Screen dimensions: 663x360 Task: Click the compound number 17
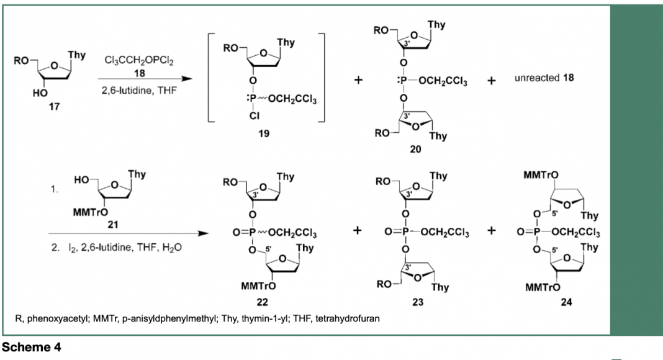[x=54, y=107]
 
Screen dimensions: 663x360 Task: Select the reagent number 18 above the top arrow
[x=140, y=73]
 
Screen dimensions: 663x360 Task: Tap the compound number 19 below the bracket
[x=264, y=133]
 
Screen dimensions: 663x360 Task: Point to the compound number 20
[x=416, y=149]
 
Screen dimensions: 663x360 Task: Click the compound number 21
[x=112, y=224]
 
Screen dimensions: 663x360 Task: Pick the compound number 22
[x=262, y=302]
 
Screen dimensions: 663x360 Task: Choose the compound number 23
[x=418, y=302]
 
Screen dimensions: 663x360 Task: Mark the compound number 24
[x=567, y=302]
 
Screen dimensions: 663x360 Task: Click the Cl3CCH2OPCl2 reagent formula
[x=138, y=60]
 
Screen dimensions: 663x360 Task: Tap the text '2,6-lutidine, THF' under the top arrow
[x=139, y=91]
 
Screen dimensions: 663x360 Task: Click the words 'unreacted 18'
[x=544, y=78]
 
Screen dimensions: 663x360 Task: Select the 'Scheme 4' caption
[x=31, y=348]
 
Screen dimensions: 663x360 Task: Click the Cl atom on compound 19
[x=254, y=115]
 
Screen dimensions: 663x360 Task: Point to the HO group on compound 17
[x=40, y=93]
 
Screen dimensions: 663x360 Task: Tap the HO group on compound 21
[x=81, y=180]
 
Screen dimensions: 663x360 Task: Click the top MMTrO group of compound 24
[x=541, y=175]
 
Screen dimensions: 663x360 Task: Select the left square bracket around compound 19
[x=209, y=78]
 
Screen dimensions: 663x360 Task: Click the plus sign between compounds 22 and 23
[x=358, y=230]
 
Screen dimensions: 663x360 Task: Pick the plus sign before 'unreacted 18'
[x=491, y=80]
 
